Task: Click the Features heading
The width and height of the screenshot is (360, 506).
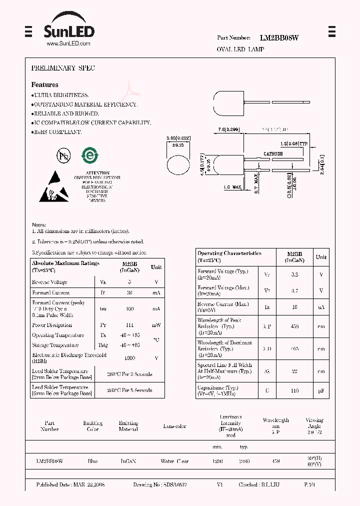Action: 44,85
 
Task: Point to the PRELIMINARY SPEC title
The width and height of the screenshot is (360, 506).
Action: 63,68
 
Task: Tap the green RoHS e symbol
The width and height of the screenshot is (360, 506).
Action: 90,155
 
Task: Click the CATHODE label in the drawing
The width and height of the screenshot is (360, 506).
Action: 273,154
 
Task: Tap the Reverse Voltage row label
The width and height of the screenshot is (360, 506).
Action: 49,282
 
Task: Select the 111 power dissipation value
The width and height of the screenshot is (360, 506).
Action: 129,325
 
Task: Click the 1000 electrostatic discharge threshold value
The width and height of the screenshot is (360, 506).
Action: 129,358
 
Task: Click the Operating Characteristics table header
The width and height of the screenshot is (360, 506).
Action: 229,256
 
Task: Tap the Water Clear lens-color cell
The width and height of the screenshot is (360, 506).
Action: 174,461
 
